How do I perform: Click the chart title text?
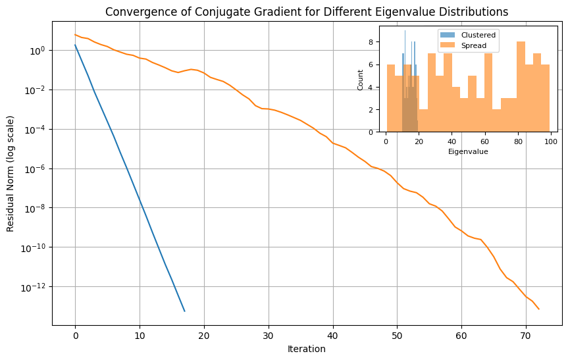pyautogui.click(x=306, y=12)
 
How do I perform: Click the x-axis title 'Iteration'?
pyautogui.click(x=306, y=349)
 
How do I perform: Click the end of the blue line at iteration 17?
pyautogui.click(x=184, y=311)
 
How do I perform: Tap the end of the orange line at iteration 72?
pyautogui.click(x=539, y=309)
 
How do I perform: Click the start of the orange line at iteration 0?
pyautogui.click(x=75, y=34)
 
